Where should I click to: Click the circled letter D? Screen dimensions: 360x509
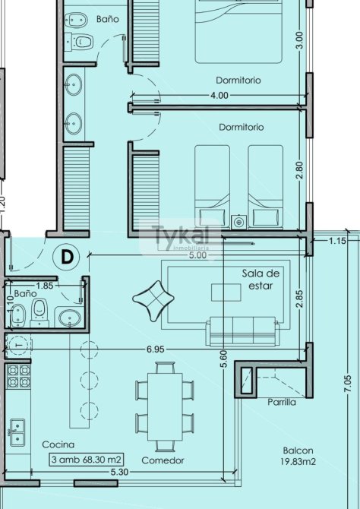pos(66,257)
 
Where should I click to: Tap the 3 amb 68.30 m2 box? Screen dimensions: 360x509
pos(87,460)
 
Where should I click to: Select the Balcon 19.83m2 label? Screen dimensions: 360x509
pos(298,456)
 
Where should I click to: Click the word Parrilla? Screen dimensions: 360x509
pos(282,402)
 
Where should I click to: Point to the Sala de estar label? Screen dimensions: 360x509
pos(261,280)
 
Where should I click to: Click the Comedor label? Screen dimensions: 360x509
pos(163,460)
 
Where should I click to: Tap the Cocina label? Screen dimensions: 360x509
pos(58,444)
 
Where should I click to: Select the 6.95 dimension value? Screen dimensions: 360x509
pos(156,349)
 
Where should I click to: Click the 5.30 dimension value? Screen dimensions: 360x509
pos(119,472)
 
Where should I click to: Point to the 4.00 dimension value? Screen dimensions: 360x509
pos(219,96)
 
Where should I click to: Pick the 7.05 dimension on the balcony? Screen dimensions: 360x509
pos(347,384)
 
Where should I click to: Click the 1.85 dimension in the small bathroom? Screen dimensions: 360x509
pos(45,286)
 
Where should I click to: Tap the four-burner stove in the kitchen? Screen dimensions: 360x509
pos(19,376)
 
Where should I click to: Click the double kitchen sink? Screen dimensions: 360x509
pos(17,432)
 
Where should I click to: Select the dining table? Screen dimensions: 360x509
pos(165,406)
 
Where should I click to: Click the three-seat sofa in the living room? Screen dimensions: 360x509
pos(243,331)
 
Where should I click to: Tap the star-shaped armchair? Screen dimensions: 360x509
pos(153,301)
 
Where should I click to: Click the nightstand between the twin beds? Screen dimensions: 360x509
pos(239,222)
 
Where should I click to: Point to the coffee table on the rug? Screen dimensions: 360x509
pos(226,292)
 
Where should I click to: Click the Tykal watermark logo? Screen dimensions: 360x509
pos(181,236)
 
